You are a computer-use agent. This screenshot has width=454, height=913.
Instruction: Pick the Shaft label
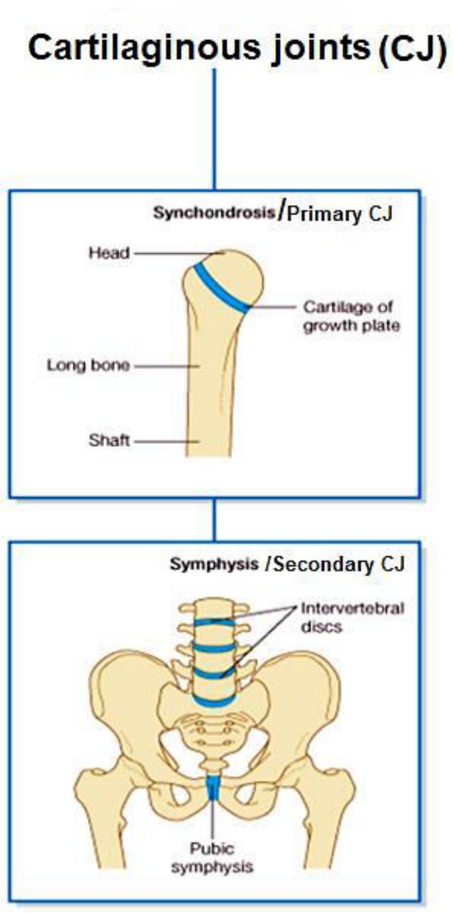pos(109,441)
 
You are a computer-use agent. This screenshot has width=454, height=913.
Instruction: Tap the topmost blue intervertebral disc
pos(214,621)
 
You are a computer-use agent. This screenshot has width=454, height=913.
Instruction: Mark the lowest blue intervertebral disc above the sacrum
pos(214,699)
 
